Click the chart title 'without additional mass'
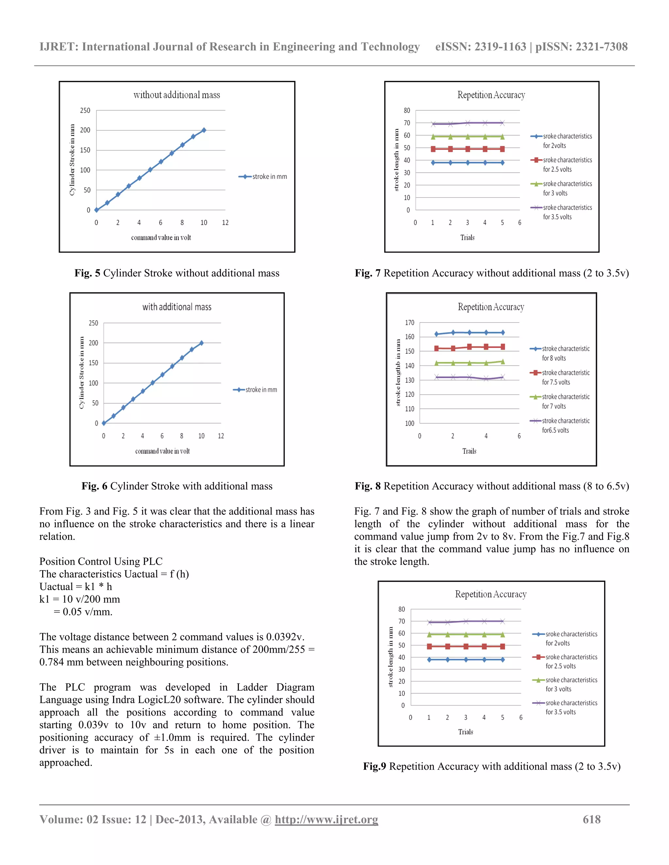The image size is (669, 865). (x=176, y=95)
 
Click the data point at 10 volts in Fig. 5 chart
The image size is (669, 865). (x=204, y=130)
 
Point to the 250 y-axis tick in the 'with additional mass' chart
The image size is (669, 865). (x=93, y=323)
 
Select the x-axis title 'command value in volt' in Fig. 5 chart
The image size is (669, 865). (x=161, y=238)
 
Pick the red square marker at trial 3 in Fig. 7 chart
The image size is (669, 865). (x=468, y=149)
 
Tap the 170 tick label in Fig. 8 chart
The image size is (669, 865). (x=409, y=323)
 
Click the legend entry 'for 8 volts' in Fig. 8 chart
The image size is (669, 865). (x=560, y=353)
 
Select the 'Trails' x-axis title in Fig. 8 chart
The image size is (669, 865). (x=469, y=451)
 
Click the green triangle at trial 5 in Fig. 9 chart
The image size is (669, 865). (x=502, y=635)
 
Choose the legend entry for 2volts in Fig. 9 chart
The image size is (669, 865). (x=565, y=638)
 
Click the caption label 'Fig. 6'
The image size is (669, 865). (x=94, y=486)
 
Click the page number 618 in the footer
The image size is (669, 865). (x=591, y=819)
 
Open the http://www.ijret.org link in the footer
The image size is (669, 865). (x=326, y=819)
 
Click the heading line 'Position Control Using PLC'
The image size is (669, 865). (x=101, y=562)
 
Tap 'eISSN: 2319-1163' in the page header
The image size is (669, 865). (x=480, y=47)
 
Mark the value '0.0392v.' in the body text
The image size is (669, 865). (x=285, y=637)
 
